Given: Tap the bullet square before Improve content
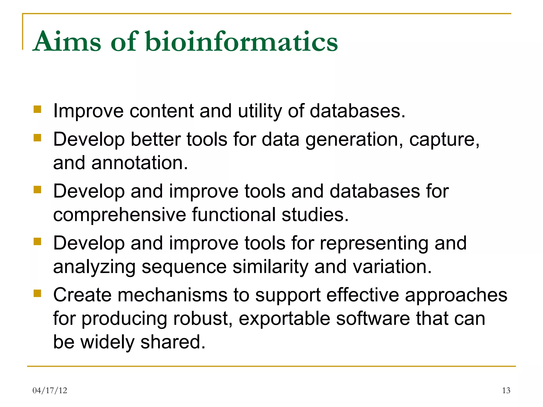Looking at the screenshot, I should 37,109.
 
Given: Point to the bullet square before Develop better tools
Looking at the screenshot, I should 37,138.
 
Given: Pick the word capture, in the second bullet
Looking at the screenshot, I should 444,139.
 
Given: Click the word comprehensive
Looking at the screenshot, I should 120,215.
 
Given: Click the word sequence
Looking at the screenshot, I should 184,267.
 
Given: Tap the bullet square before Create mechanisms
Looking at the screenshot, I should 37,294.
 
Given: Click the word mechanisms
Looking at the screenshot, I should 173,295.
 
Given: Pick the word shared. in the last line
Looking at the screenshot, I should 173,342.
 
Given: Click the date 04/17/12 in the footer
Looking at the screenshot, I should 50,390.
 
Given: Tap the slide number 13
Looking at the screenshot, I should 506,390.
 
